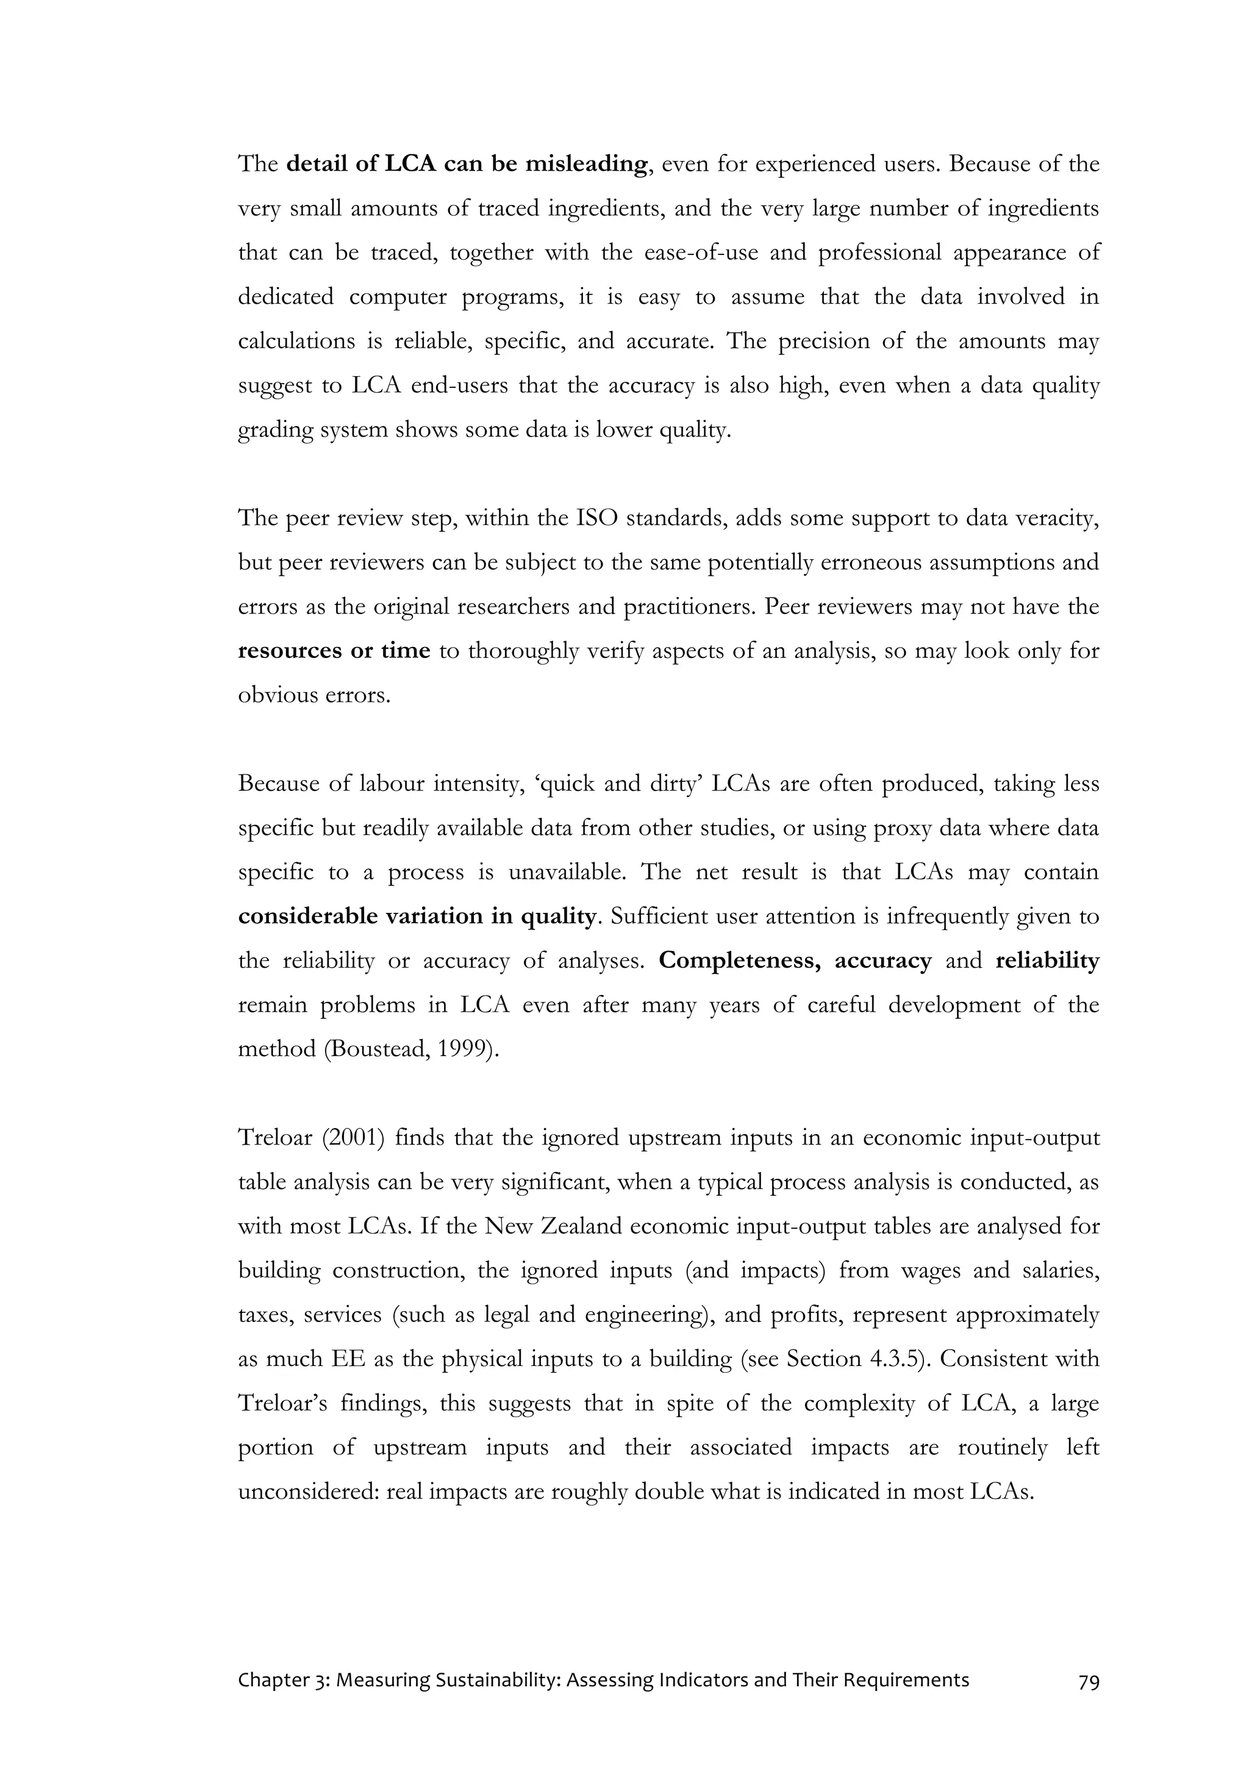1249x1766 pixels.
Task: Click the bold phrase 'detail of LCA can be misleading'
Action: point(466,165)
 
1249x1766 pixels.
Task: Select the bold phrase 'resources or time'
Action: point(334,651)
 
